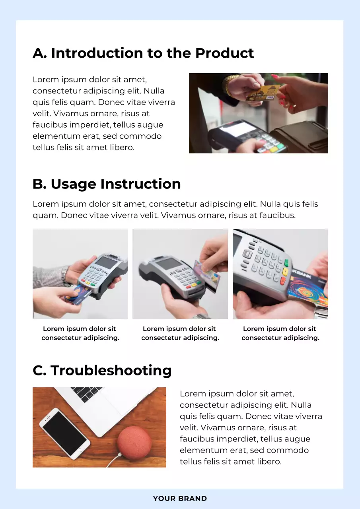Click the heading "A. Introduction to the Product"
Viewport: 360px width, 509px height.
click(x=143, y=53)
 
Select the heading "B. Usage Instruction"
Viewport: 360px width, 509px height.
click(x=107, y=184)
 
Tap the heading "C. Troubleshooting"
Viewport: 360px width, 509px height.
click(x=102, y=371)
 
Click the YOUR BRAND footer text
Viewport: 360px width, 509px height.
click(x=180, y=499)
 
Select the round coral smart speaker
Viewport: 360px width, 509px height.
click(x=134, y=443)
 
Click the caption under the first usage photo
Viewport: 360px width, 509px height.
click(x=80, y=333)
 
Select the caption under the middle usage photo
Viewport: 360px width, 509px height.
click(x=180, y=333)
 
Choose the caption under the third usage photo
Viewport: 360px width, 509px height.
click(x=280, y=333)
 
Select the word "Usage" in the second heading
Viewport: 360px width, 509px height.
click(x=73, y=184)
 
